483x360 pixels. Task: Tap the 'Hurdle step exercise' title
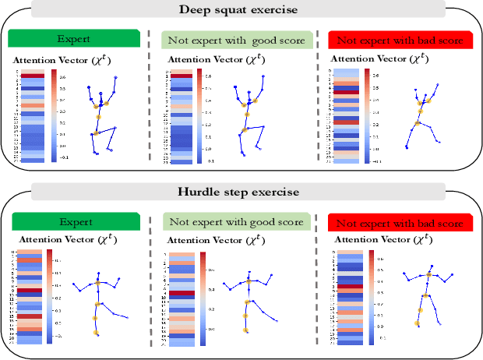point(238,191)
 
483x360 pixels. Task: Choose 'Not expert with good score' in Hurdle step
point(235,222)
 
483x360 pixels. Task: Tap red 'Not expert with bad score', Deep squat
point(401,39)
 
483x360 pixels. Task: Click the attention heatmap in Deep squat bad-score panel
point(344,117)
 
